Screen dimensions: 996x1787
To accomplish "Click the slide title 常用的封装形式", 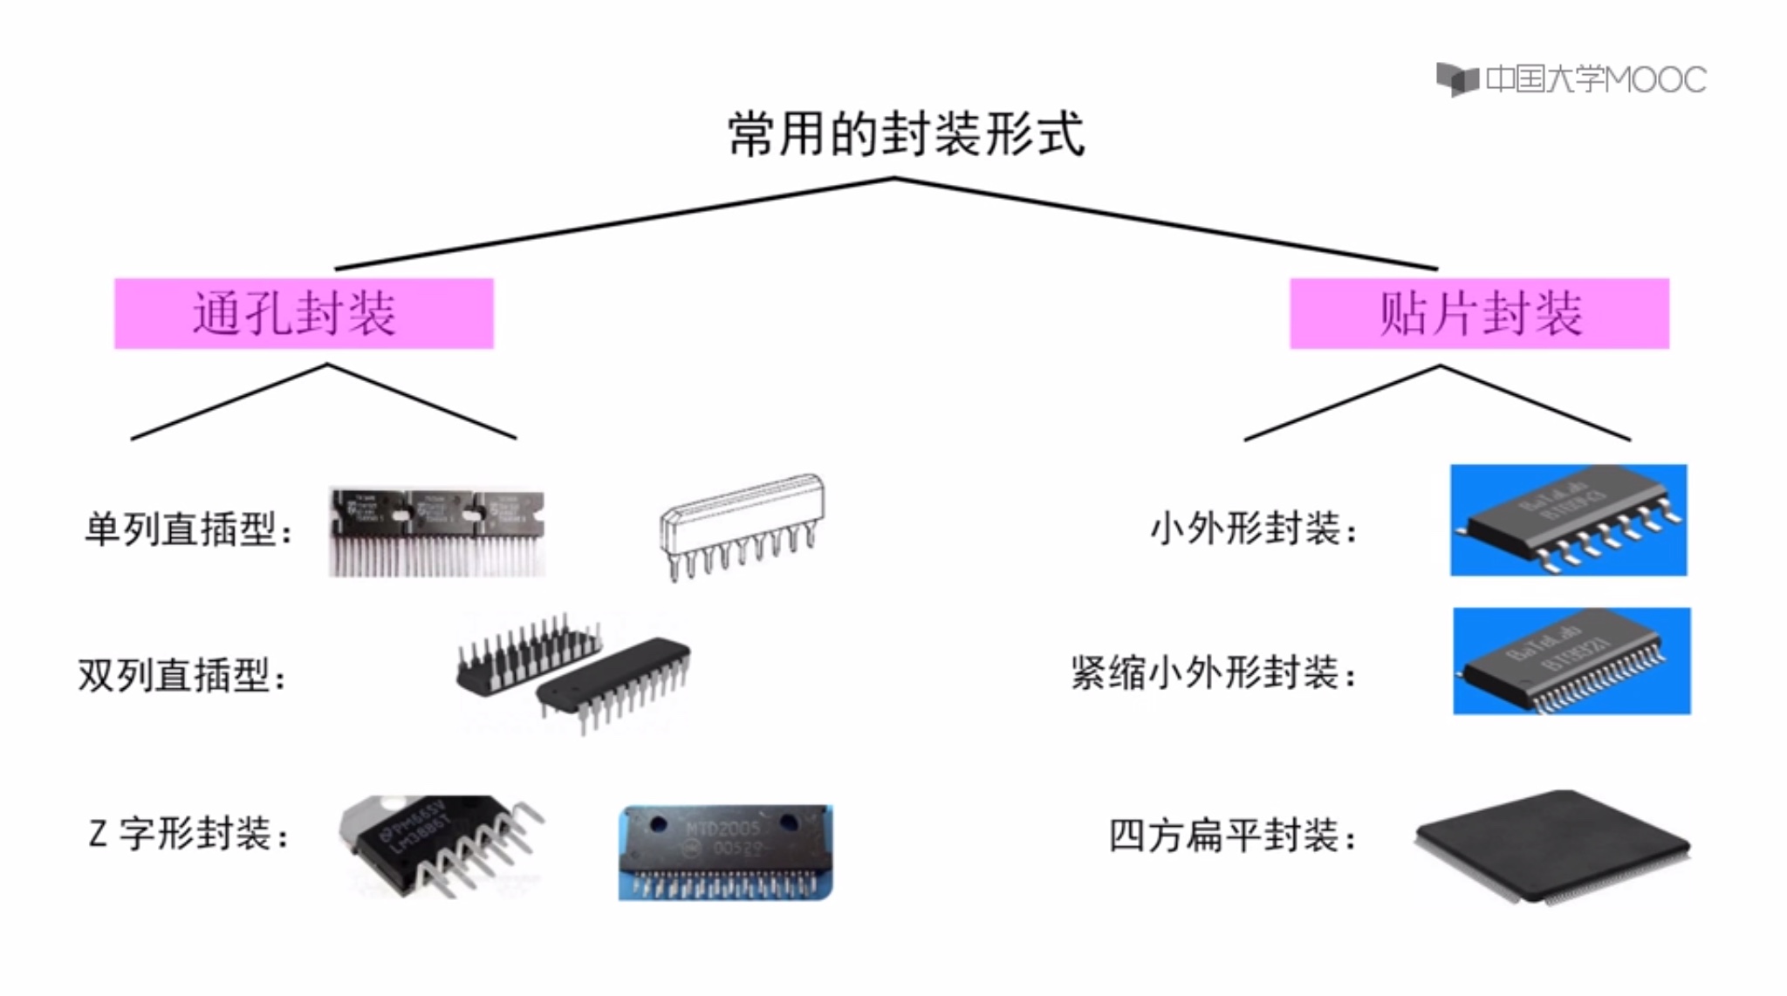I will point(906,134).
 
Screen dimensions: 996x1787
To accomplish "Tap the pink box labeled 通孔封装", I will point(304,314).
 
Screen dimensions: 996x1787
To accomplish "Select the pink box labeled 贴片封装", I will point(1479,314).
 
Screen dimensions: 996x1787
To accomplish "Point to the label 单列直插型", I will point(188,529).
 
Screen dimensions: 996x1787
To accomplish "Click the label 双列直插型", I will point(182,675).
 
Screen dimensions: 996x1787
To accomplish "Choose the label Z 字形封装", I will point(188,834).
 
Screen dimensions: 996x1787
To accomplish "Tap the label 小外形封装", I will point(1253,529).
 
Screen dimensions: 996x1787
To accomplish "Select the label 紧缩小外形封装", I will point(1213,673).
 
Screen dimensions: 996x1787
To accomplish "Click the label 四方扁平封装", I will point(1232,836).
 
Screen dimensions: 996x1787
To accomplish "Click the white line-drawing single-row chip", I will point(742,526).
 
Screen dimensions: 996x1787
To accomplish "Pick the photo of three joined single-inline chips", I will point(437,531).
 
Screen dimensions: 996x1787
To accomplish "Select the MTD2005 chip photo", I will point(725,852).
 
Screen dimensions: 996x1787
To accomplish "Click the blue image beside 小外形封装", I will point(1568,520).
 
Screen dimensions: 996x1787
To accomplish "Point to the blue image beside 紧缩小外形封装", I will point(1571,661).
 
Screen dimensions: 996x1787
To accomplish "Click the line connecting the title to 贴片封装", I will point(1166,223).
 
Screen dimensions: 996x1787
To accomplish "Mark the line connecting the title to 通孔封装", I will point(614,223).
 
